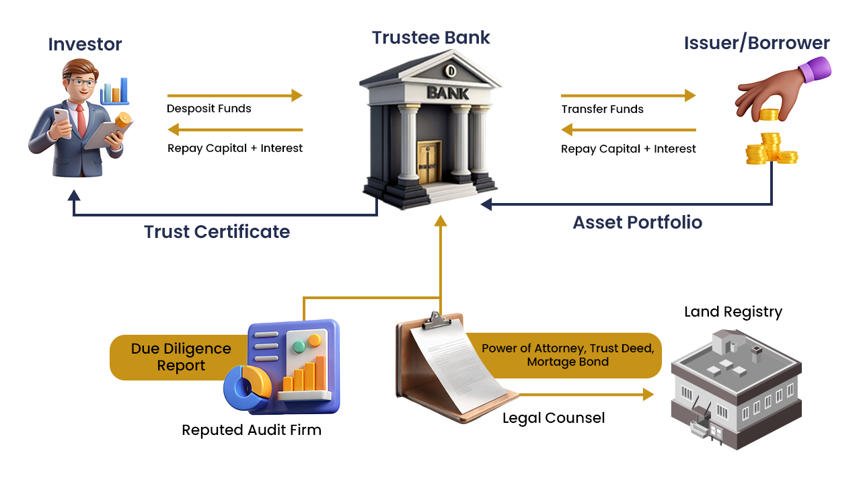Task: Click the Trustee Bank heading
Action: pos(430,37)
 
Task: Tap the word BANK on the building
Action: pos(448,92)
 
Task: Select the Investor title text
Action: pos(85,44)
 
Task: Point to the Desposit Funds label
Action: pos(209,109)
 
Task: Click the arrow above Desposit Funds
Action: pos(235,96)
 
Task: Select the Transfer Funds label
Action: pos(602,109)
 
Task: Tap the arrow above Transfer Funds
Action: pos(628,96)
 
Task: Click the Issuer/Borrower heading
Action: pos(757,43)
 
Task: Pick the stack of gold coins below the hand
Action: pos(770,150)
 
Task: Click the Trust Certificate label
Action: pos(217,232)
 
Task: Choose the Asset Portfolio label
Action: pos(637,223)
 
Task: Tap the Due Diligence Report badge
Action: pos(180,357)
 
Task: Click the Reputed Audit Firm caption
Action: pos(252,430)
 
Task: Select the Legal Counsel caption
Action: pos(554,418)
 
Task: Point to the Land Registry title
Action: pos(733,312)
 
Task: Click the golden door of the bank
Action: pos(428,162)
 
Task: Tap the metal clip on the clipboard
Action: pos(437,321)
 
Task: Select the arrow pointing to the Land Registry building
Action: pos(585,394)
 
